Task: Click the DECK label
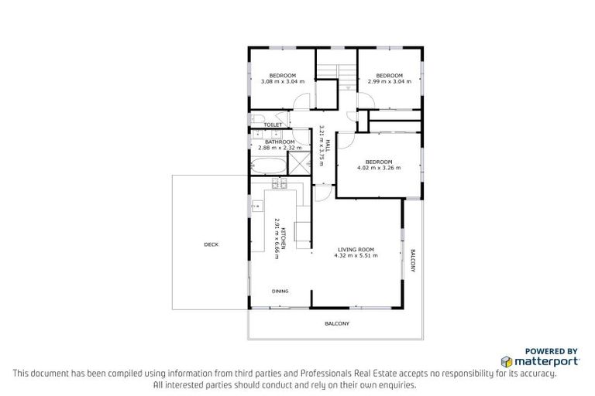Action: (x=211, y=244)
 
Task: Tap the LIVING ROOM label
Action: (x=356, y=249)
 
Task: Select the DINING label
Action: (x=280, y=292)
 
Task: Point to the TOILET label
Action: (x=272, y=125)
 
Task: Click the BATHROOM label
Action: (x=279, y=142)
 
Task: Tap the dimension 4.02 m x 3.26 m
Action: (x=379, y=167)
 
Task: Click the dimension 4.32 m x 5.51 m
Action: (x=356, y=255)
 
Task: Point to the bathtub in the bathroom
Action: (x=267, y=165)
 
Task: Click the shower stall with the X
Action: (x=297, y=163)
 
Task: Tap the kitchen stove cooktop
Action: (x=280, y=184)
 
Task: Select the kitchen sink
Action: (x=256, y=206)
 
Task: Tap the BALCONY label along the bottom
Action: (x=336, y=323)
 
